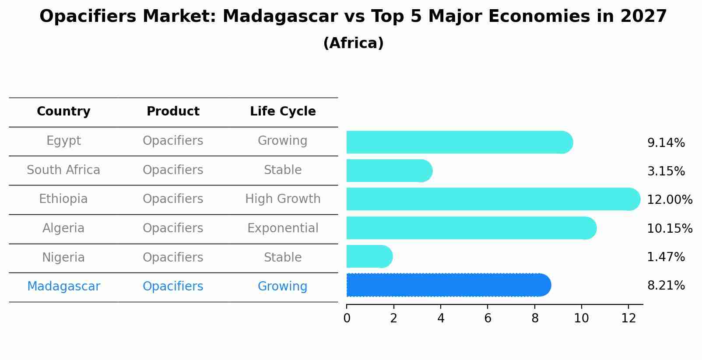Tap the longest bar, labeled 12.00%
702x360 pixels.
pyautogui.click(x=492, y=199)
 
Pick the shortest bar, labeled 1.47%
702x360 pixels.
pyautogui.click(x=369, y=256)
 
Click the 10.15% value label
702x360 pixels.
pyautogui.click(x=669, y=228)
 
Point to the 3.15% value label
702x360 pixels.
pyautogui.click(x=666, y=171)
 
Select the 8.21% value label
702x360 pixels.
pyautogui.click(x=666, y=286)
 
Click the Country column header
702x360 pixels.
pyautogui.click(x=63, y=112)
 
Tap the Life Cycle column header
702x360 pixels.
pyautogui.click(x=283, y=112)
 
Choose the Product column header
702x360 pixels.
pyautogui.click(x=173, y=112)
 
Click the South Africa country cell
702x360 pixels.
pyautogui.click(x=63, y=170)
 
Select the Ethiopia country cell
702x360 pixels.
pyautogui.click(x=63, y=199)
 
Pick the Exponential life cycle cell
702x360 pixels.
pyautogui.click(x=283, y=228)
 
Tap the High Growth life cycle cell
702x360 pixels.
pyautogui.click(x=283, y=199)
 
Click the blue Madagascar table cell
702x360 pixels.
pyautogui.click(x=63, y=287)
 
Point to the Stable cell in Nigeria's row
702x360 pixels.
pyautogui.click(x=283, y=257)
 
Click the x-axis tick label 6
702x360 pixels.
pyautogui.click(x=488, y=318)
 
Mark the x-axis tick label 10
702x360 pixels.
pyautogui.click(x=581, y=318)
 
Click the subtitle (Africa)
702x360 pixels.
pyautogui.click(x=353, y=43)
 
